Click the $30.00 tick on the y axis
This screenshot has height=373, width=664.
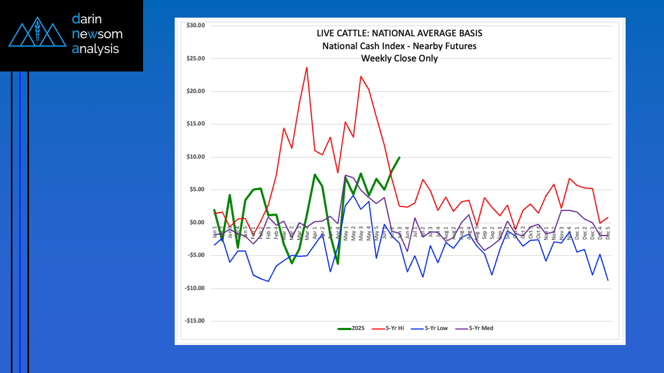point(195,25)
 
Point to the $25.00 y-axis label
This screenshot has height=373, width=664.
point(195,59)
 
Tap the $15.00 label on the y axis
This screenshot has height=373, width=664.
point(195,124)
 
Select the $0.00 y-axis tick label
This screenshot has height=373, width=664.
point(196,223)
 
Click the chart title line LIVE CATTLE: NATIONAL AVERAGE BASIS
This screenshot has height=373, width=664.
point(399,33)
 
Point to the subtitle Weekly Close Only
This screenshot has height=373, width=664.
point(399,59)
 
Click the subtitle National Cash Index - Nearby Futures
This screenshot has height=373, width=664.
point(399,46)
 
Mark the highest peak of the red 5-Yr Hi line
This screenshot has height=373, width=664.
point(307,67)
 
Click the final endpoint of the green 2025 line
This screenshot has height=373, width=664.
point(399,157)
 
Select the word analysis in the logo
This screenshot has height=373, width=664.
point(96,49)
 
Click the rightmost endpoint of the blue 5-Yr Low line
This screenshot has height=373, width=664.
point(608,280)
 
